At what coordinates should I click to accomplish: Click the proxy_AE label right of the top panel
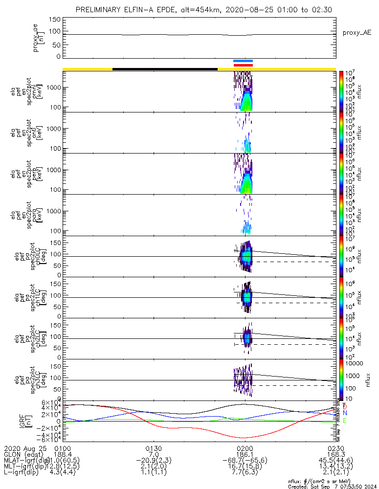tap(357, 33)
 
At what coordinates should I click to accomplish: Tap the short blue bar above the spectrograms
tap(243, 61)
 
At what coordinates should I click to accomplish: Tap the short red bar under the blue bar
tap(243, 65)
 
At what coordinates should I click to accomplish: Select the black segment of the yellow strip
tap(165, 69)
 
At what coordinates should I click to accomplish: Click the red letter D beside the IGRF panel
tap(345, 406)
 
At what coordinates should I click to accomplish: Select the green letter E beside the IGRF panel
tap(345, 421)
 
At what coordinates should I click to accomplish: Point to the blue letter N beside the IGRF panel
tap(345, 413)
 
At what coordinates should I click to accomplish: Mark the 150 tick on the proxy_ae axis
tap(55, 20)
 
